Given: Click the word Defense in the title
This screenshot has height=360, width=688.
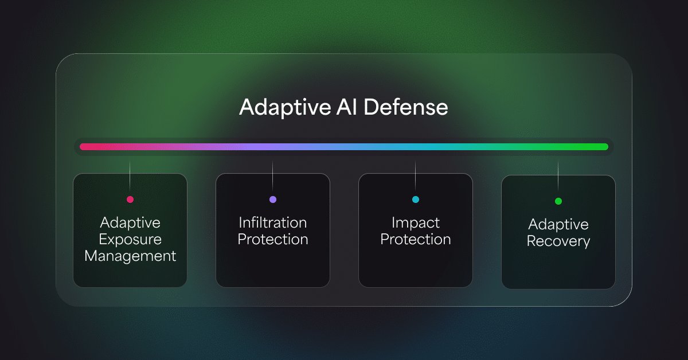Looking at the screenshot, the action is point(406,107).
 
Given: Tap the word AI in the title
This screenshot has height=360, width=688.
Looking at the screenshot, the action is point(347,107).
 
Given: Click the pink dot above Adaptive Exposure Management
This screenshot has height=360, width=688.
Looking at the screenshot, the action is point(130,199).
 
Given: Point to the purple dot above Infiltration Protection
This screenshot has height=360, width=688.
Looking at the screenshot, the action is point(273,199).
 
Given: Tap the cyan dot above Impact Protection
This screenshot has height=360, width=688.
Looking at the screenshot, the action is point(416,199).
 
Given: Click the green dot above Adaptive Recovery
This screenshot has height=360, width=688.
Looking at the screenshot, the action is point(558,201).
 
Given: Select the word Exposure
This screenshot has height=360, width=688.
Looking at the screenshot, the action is point(130,240).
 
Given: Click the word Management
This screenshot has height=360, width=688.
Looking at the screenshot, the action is point(130,256).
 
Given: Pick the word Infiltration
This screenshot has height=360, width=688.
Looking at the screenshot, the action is point(273,222).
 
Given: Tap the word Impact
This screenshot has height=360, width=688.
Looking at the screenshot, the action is point(416,223).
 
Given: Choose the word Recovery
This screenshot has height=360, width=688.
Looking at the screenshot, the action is point(558,241).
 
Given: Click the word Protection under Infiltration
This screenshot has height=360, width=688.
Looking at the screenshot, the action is point(273,239).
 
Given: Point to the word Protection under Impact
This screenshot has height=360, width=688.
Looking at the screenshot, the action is point(416,239).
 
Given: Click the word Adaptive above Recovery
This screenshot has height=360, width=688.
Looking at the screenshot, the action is point(558,225).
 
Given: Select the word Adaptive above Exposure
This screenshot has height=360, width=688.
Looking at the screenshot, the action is point(130,223).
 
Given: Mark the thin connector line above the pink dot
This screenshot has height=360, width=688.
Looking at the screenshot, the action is point(130,177).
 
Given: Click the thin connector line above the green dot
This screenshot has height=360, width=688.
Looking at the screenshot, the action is point(558,177).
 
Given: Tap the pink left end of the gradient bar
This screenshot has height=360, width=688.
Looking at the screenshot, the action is point(83,147).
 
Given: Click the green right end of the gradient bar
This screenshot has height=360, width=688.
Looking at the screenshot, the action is point(605,147).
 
